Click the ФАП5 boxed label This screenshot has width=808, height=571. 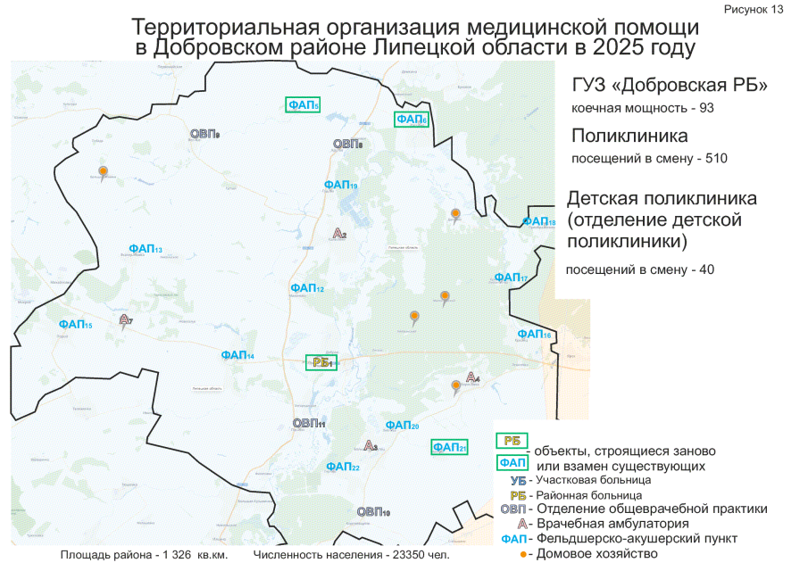(x=304, y=105)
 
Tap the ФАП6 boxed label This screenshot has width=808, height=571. (x=412, y=120)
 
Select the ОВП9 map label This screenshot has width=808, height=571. (x=204, y=134)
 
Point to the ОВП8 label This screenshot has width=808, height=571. (x=347, y=144)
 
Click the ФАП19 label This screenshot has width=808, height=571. (x=340, y=185)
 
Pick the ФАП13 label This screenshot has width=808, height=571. (x=145, y=249)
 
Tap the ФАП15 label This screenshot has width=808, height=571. (x=75, y=325)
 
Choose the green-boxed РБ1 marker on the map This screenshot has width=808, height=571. (x=321, y=362)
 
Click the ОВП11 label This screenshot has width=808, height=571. (x=309, y=423)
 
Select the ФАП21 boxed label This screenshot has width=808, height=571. (x=449, y=447)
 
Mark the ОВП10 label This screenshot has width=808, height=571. (x=373, y=512)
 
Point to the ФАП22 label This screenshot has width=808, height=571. (x=343, y=467)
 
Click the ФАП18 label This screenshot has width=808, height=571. (x=538, y=222)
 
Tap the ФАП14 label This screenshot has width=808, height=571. (x=237, y=355)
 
